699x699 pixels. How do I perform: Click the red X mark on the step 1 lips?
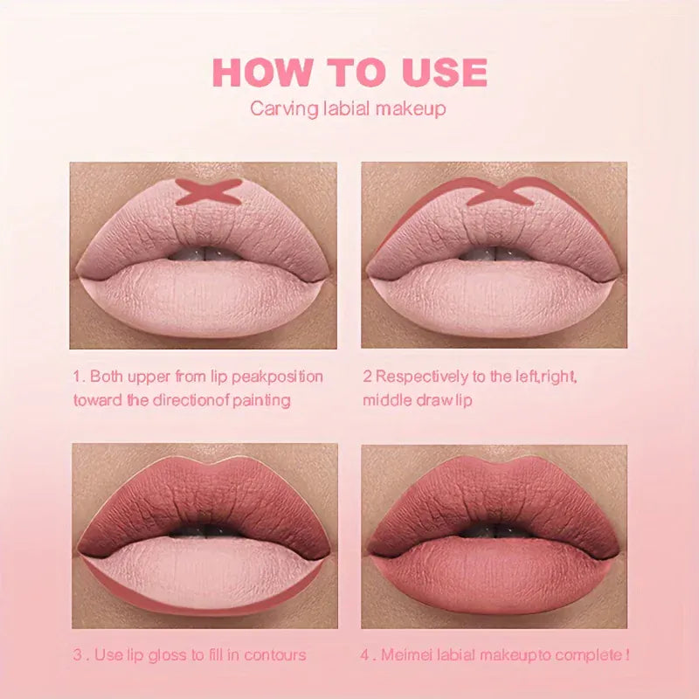(207, 191)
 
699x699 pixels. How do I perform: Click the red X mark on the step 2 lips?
(497, 191)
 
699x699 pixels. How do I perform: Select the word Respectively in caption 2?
(417, 377)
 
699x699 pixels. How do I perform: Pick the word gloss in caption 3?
(175, 654)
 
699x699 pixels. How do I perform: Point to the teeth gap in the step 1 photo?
(203, 253)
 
